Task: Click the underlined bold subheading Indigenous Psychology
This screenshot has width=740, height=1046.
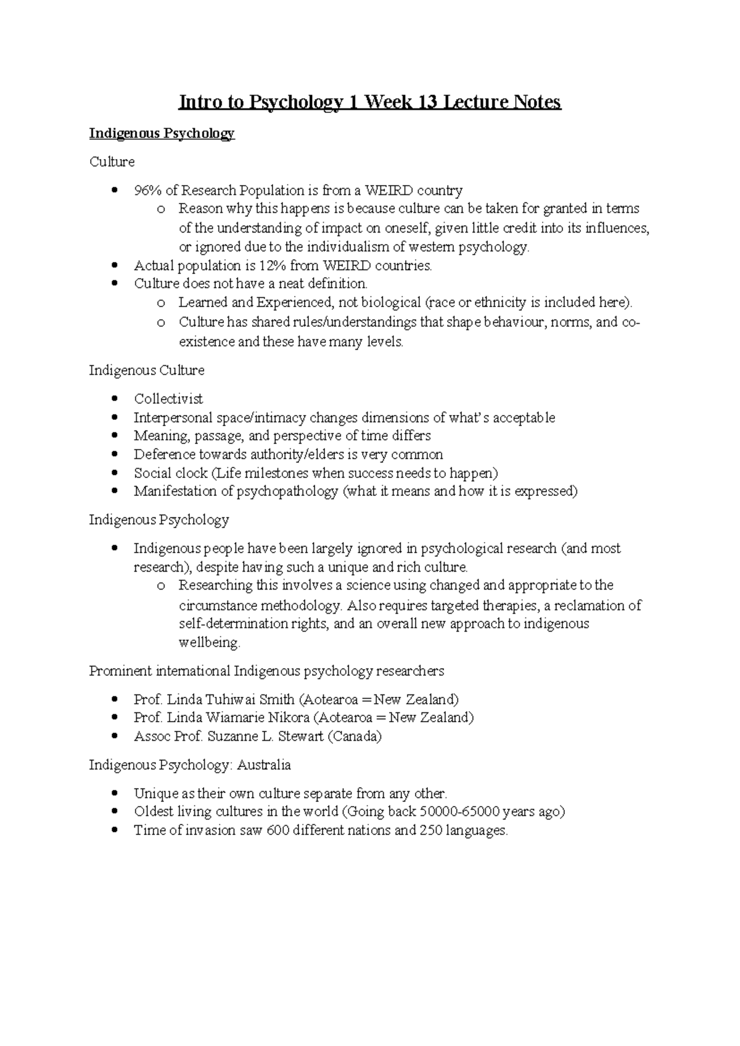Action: pyautogui.click(x=162, y=133)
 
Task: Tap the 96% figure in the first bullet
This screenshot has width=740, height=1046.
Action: pyautogui.click(x=148, y=191)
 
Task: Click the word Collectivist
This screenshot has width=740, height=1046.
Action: pyautogui.click(x=168, y=399)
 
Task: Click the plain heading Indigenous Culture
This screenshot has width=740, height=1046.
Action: pyautogui.click(x=147, y=371)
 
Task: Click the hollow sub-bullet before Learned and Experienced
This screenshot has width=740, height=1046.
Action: pyautogui.click(x=161, y=303)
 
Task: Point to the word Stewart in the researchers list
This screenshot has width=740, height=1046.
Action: pyautogui.click(x=301, y=736)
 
